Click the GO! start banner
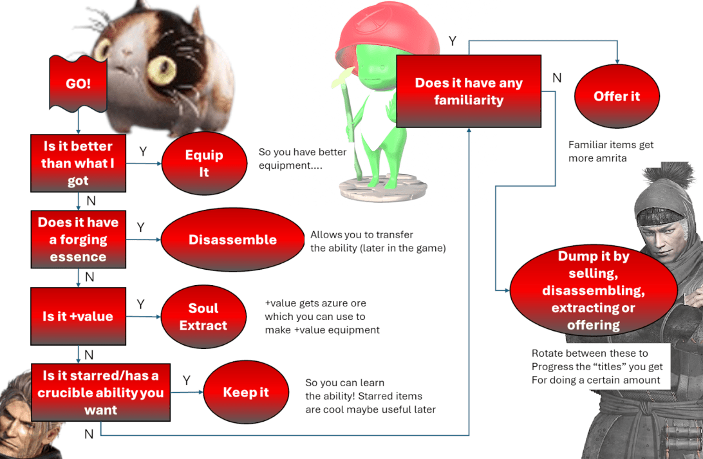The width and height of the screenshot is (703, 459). (x=78, y=84)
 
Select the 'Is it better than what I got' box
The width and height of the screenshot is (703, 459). (x=78, y=164)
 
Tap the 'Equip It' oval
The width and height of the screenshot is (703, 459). (x=203, y=164)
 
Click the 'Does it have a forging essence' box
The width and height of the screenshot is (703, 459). (x=78, y=239)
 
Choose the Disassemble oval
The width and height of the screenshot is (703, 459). (x=232, y=239)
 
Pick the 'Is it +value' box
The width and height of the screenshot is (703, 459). (x=78, y=316)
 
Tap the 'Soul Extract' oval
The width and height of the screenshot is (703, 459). (x=203, y=316)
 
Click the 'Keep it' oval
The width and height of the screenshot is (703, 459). (x=245, y=392)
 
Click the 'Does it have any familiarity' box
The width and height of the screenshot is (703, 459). (x=468, y=91)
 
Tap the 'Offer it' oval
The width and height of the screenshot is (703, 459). (x=617, y=96)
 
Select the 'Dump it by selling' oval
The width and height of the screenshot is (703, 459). (x=593, y=290)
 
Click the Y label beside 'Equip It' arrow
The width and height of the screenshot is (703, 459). (x=143, y=151)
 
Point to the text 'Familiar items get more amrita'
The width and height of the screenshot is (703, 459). (x=610, y=151)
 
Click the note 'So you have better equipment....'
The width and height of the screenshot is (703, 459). (x=303, y=158)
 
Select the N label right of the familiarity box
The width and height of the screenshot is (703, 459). (x=557, y=78)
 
